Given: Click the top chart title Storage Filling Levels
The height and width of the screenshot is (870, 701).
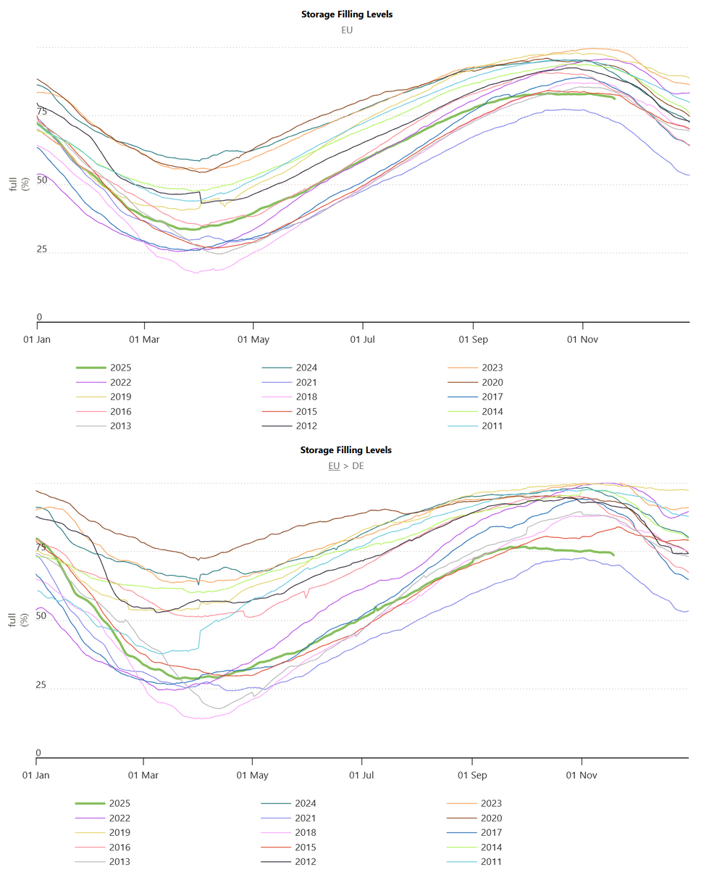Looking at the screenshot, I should [x=346, y=14].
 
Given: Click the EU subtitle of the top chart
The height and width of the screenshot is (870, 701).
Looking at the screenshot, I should [x=346, y=30].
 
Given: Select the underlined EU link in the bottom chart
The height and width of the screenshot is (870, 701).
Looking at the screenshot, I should [x=333, y=465].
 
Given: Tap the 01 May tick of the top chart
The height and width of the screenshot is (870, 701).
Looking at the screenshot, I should [x=253, y=339].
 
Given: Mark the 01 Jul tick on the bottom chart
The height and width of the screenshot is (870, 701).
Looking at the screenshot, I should [x=362, y=775].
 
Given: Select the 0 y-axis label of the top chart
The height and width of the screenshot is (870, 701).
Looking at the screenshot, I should [x=40, y=317].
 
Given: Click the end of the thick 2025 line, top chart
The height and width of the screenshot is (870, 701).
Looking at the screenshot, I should [x=614, y=98].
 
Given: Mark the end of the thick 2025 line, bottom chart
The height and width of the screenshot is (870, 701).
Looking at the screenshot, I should [x=613, y=555].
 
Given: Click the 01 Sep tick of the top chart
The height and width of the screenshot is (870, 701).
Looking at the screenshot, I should [x=473, y=339].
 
